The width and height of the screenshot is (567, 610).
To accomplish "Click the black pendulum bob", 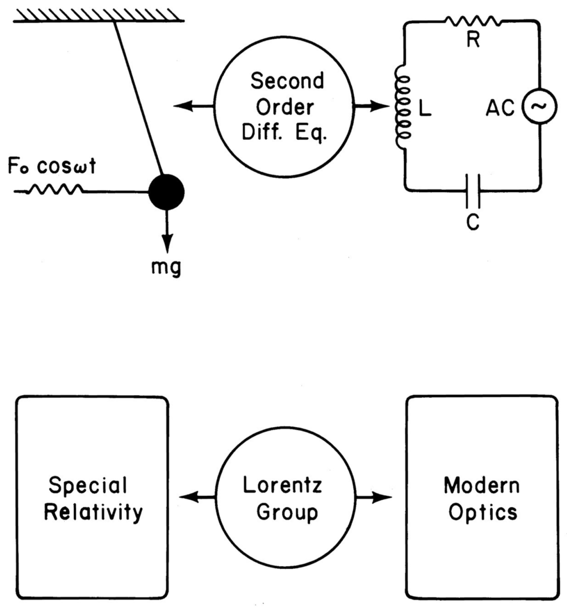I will (166, 192).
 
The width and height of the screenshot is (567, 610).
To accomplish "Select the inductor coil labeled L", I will (401, 109).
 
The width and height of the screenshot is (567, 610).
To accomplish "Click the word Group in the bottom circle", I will (283, 512).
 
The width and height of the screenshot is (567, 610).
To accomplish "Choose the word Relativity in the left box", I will (93, 512).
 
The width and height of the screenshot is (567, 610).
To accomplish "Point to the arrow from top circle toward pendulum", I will (193, 106).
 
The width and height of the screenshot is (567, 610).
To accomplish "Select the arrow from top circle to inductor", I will (370, 106).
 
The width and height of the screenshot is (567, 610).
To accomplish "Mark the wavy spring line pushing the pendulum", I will (55, 191).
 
